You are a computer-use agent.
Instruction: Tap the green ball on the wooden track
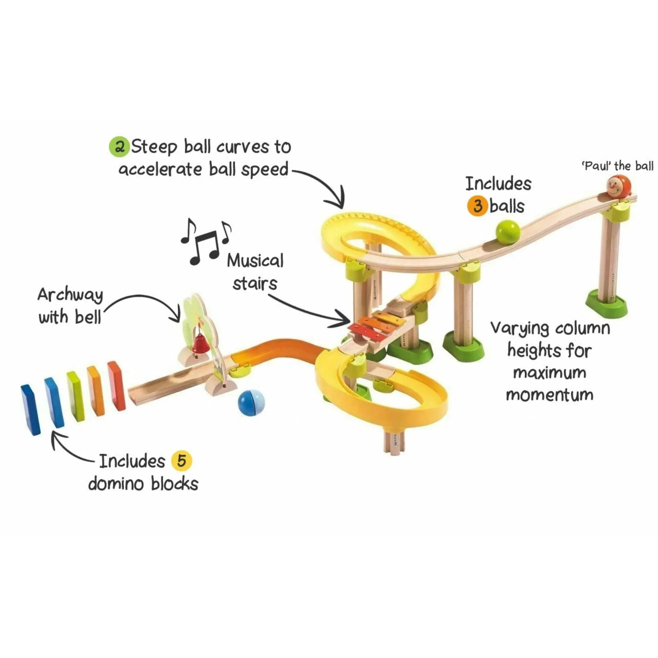(508, 232)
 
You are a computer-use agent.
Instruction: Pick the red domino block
(117, 385)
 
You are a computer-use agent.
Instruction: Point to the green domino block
(75, 396)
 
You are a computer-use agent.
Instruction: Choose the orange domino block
(96, 390)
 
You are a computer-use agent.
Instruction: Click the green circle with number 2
(119, 147)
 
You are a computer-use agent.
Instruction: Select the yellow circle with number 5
(181, 461)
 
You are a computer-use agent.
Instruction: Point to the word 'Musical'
(255, 261)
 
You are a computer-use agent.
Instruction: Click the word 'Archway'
(70, 295)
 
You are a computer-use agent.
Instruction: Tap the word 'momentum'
(549, 395)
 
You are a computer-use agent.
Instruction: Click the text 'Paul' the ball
(617, 166)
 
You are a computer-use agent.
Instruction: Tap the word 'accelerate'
(160, 169)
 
